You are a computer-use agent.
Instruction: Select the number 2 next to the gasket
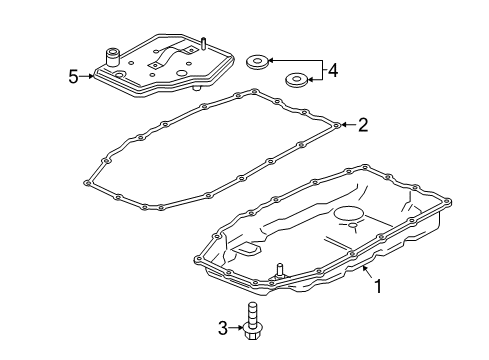tap(363, 125)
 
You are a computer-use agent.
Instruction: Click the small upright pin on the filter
tap(202, 43)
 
